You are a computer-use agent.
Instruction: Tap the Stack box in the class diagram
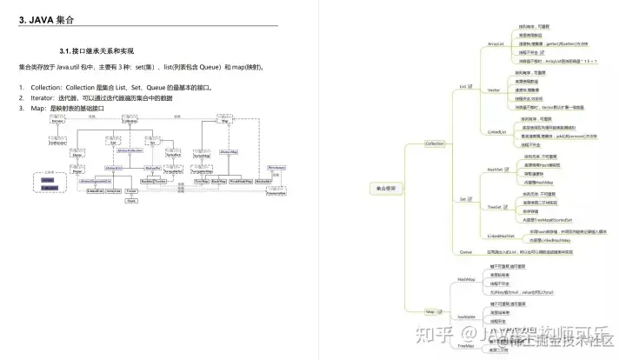[132, 200]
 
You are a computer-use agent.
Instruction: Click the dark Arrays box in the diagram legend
[50, 187]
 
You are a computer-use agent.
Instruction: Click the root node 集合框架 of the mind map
[385, 187]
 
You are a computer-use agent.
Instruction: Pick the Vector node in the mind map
[493, 90]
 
